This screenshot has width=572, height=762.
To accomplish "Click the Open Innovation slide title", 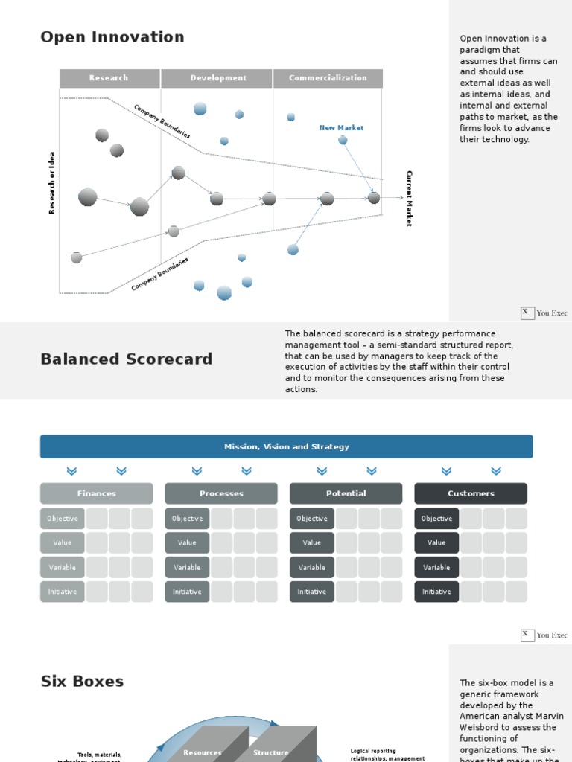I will click(x=112, y=37).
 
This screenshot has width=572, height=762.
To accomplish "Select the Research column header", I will click(x=109, y=78).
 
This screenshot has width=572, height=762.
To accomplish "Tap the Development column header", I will click(x=217, y=78).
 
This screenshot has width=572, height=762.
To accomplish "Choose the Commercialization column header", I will click(x=328, y=78).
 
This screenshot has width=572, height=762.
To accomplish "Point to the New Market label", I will click(x=341, y=128).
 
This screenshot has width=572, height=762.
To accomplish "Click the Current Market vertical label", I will click(x=408, y=198).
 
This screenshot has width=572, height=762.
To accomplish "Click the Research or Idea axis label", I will click(x=52, y=183).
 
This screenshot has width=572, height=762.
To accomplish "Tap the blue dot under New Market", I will click(x=343, y=140).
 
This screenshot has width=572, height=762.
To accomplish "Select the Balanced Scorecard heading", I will click(x=126, y=359).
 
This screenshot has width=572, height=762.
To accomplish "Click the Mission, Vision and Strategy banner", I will click(x=286, y=446).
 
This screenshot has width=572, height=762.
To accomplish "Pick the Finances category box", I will click(x=96, y=493).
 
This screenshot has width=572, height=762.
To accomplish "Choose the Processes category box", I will click(x=221, y=493).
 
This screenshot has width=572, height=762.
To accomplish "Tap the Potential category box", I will click(x=346, y=493).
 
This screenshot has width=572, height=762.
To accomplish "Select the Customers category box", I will click(x=471, y=493).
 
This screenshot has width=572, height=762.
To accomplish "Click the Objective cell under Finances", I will click(x=63, y=519).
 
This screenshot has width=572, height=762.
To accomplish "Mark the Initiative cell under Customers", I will click(x=436, y=592).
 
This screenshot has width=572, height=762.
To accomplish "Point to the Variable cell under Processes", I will click(x=187, y=567).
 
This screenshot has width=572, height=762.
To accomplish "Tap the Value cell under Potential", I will click(x=312, y=543).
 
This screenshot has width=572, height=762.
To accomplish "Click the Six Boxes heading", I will click(x=82, y=682).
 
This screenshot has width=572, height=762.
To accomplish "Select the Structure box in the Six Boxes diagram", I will click(x=271, y=752).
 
